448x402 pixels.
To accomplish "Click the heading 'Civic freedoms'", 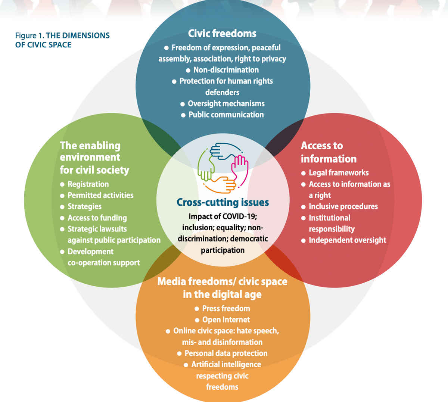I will click(222, 34).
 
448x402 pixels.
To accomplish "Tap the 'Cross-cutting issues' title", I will click(223, 202).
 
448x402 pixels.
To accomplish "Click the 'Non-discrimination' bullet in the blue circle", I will click(226, 70).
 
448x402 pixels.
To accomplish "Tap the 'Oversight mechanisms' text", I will click(226, 103).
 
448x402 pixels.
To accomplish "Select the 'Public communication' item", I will click(226, 115).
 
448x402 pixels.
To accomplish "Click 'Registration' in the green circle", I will click(88, 184).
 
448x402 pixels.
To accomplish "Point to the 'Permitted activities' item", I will click(100, 195).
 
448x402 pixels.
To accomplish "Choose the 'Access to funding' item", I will click(97, 218).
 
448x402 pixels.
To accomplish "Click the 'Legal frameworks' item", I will click(339, 173).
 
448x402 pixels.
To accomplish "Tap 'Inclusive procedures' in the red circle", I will click(343, 206).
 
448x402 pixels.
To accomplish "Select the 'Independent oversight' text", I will click(347, 240).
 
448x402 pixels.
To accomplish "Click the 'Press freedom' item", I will click(226, 308).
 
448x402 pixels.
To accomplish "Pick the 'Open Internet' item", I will click(226, 320).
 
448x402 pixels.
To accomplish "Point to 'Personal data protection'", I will click(226, 353).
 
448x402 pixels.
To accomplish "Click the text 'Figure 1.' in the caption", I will click(29, 36).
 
